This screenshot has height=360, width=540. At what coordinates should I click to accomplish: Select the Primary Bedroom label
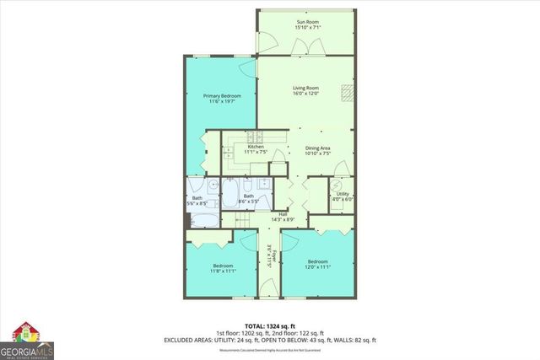click(x=222, y=96)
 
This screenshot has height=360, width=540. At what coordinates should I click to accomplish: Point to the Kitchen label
click(x=256, y=147)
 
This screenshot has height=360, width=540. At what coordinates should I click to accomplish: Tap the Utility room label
click(x=343, y=194)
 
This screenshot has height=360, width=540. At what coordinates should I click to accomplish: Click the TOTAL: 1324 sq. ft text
click(x=269, y=325)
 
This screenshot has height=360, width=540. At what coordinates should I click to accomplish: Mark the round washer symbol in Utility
click(x=337, y=185)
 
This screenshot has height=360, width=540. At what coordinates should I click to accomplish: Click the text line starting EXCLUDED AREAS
click(x=269, y=340)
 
